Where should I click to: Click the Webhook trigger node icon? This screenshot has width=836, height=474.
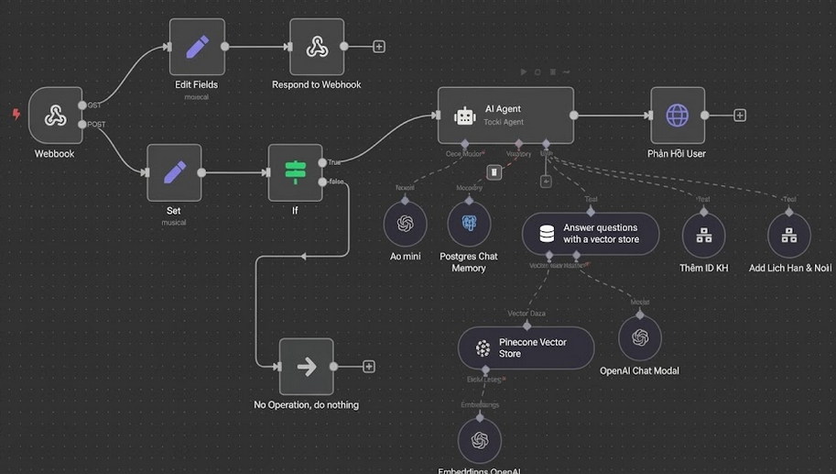coord(55,116)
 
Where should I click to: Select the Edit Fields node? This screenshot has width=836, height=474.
coord(197,47)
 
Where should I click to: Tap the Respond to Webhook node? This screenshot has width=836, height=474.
coord(317,47)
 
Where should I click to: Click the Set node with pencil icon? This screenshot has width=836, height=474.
coord(174,172)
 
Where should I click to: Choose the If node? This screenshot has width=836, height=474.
coord(295,172)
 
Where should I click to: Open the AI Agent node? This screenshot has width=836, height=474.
coord(505,116)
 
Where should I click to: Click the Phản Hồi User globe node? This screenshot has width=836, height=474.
coord(678,116)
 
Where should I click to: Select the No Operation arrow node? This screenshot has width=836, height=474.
coord(306,367)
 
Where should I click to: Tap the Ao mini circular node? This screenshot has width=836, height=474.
coord(405,224)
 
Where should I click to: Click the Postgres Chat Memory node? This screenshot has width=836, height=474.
coord(469,224)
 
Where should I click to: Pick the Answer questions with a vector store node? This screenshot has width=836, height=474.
coord(592,234)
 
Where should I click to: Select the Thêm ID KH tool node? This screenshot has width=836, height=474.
coord(703,235)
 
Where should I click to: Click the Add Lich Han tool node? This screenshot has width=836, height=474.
coord(788,235)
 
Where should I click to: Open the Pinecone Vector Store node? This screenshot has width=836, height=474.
coord(526,348)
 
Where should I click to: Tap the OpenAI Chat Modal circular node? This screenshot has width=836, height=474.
coord(639,337)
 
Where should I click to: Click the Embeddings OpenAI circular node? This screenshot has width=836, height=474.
coord(479,441)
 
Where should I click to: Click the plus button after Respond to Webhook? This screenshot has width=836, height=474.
coord(379,47)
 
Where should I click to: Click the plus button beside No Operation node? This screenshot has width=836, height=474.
coord(369,367)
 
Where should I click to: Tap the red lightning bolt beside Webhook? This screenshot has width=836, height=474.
coord(16,115)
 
